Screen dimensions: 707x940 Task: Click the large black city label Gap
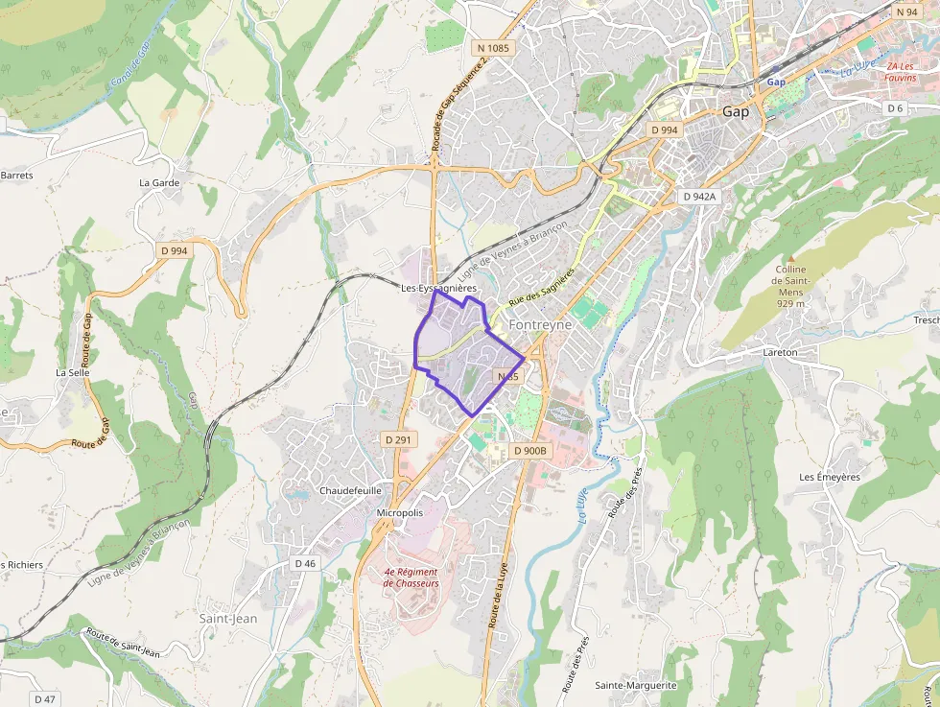coord(736,111)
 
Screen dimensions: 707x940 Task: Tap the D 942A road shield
coord(698,197)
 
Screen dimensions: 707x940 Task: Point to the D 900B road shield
coord(529,451)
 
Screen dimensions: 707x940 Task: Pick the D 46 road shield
coord(305,563)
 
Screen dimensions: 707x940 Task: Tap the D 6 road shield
coord(895,108)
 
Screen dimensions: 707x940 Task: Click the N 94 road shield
coord(906,12)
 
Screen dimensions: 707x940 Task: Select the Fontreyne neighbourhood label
coord(541,325)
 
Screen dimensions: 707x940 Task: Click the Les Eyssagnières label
coord(438,288)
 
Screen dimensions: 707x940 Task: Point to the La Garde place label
coord(159,182)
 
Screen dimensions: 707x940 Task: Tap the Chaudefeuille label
coord(350,490)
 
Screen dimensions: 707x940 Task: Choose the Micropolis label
coord(400,513)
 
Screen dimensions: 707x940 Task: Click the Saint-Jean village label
coord(228,619)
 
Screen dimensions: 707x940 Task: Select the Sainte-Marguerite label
coord(636,686)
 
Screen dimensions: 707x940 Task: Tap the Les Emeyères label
coord(830,477)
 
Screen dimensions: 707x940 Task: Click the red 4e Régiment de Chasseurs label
coord(411,577)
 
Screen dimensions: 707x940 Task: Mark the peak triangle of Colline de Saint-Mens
coord(791,259)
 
